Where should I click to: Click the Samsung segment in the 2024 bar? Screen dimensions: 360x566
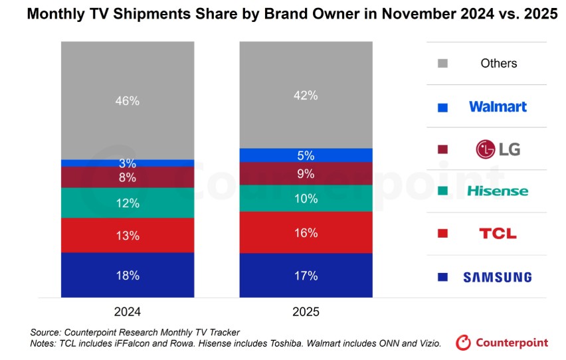point(127,275)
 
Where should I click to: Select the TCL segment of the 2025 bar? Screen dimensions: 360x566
point(306,232)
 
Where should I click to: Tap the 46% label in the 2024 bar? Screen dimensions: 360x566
point(127,101)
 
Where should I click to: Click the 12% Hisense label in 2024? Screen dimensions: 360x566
point(127,203)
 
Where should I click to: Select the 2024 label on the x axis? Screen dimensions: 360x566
point(127,312)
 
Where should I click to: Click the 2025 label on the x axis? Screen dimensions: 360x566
point(306,312)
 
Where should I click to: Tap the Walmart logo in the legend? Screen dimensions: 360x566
point(498,106)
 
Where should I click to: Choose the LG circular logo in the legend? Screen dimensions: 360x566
point(486,149)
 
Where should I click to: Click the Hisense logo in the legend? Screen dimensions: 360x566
point(498,191)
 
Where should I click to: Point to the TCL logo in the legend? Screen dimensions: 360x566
point(498,234)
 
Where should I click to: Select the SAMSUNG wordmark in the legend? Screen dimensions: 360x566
point(498,277)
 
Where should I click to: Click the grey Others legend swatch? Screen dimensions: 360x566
point(443,64)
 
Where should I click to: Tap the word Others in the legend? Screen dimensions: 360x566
point(498,64)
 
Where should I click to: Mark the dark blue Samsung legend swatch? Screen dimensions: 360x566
point(443,277)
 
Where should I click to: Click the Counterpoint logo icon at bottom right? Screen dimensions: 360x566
point(463,343)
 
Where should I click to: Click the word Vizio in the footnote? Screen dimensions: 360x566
point(427,343)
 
